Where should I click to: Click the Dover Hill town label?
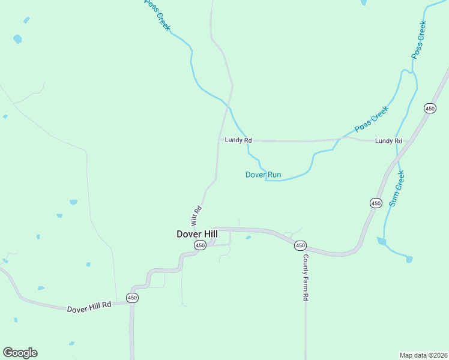[x=197, y=233]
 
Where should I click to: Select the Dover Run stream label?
[x=263, y=175]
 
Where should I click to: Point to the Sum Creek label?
[x=397, y=188]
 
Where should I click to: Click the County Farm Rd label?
[x=305, y=277]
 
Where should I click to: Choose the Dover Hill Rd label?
[x=89, y=308]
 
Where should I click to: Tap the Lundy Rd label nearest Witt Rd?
[x=238, y=140]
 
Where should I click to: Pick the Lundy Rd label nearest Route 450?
[x=388, y=140]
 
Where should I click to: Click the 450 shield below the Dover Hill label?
[x=200, y=245]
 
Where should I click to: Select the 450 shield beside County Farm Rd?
[x=300, y=245]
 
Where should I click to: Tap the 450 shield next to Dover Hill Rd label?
[x=133, y=298]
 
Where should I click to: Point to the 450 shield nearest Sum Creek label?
[x=376, y=203]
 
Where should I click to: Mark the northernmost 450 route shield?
[x=430, y=108]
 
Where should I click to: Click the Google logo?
[x=20, y=352]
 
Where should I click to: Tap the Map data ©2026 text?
[x=423, y=355]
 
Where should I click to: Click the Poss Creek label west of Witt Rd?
[x=157, y=15]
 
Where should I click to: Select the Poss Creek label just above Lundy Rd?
[x=372, y=119]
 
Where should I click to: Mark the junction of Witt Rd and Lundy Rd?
[x=218, y=140]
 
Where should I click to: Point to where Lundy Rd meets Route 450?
[x=411, y=142]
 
